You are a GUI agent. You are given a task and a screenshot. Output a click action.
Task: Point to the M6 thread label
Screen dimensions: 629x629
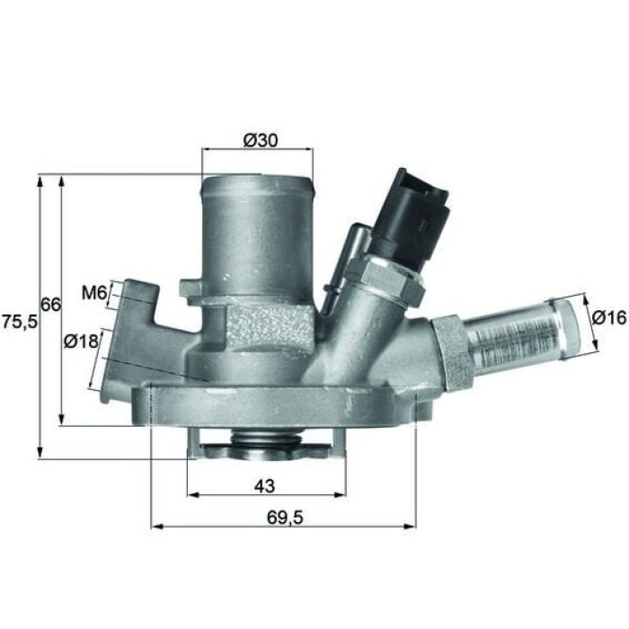pyautogui.click(x=93, y=292)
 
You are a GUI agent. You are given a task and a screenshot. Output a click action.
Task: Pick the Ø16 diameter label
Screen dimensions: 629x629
pyautogui.click(x=607, y=317)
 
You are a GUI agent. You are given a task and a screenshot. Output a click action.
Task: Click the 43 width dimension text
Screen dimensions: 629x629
pyautogui.click(x=264, y=486)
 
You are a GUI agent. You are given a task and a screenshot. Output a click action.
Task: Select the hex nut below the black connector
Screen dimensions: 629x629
pyautogui.click(x=391, y=277)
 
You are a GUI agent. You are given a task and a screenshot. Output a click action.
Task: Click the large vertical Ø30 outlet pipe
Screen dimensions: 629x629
pyautogui.click(x=257, y=234)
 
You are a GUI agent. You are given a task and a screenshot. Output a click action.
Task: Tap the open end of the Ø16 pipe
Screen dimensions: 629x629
pyautogui.click(x=571, y=322)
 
